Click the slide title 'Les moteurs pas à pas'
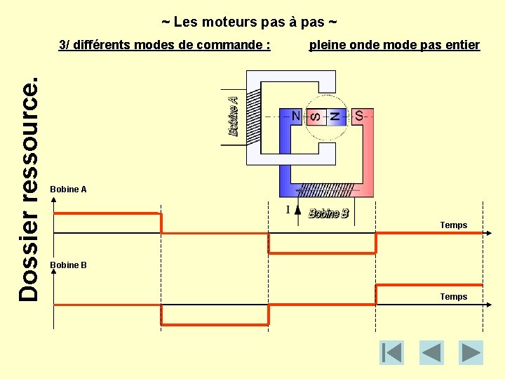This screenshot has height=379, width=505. (x=250, y=22)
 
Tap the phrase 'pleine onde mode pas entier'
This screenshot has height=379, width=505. (x=394, y=46)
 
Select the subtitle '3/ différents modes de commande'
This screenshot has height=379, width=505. (x=165, y=46)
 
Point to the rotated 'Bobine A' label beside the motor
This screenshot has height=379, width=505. (x=234, y=116)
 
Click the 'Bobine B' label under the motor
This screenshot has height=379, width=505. (x=328, y=213)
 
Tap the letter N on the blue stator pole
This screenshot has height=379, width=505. (x=296, y=116)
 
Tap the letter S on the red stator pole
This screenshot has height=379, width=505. (x=359, y=116)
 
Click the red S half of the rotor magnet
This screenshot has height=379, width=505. (x=314, y=116)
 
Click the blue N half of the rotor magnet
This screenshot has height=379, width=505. (x=335, y=116)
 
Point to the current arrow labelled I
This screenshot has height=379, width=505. (x=297, y=210)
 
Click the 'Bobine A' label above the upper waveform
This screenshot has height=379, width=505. (x=69, y=189)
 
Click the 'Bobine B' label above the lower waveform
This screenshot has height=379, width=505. (x=69, y=265)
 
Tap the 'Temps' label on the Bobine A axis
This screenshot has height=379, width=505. (x=453, y=225)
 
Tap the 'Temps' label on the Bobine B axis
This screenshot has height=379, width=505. (x=453, y=297)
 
